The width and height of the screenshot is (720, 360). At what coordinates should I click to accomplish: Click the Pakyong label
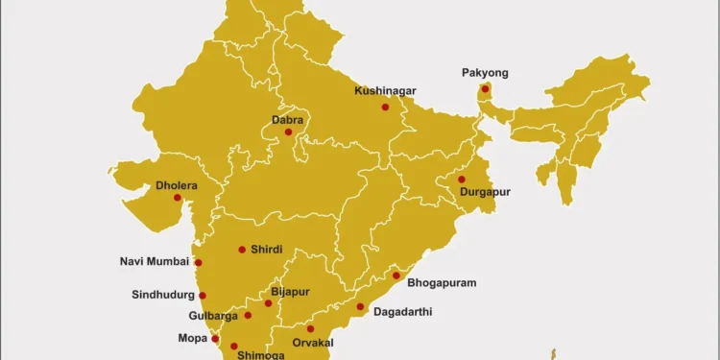[x=485, y=73]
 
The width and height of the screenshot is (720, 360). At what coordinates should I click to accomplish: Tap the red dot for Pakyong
[x=486, y=90]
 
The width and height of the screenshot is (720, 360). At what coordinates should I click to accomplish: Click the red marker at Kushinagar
[x=385, y=107]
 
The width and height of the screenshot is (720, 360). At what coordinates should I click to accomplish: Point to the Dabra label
[x=288, y=120]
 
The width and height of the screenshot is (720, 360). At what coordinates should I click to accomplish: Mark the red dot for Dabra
[x=288, y=132]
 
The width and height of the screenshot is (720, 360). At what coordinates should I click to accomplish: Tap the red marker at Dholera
[x=177, y=198]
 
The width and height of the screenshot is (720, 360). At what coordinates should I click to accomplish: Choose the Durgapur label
[x=485, y=192]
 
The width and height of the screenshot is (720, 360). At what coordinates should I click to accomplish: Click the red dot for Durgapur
[x=462, y=180]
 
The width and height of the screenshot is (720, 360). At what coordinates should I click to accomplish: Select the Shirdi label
[x=266, y=250]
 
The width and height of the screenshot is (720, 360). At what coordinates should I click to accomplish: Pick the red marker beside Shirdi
[x=242, y=250]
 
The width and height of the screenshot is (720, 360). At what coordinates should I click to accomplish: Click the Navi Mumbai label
[x=155, y=261]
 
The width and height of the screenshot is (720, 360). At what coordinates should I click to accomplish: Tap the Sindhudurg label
[x=163, y=295]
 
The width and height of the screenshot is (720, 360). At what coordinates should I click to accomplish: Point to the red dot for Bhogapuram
[x=396, y=276]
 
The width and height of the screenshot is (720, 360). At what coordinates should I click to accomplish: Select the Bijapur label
[x=290, y=290]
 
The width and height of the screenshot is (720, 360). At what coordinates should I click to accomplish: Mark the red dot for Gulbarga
[x=248, y=315]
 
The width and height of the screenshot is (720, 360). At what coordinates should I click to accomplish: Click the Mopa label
[x=192, y=338]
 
